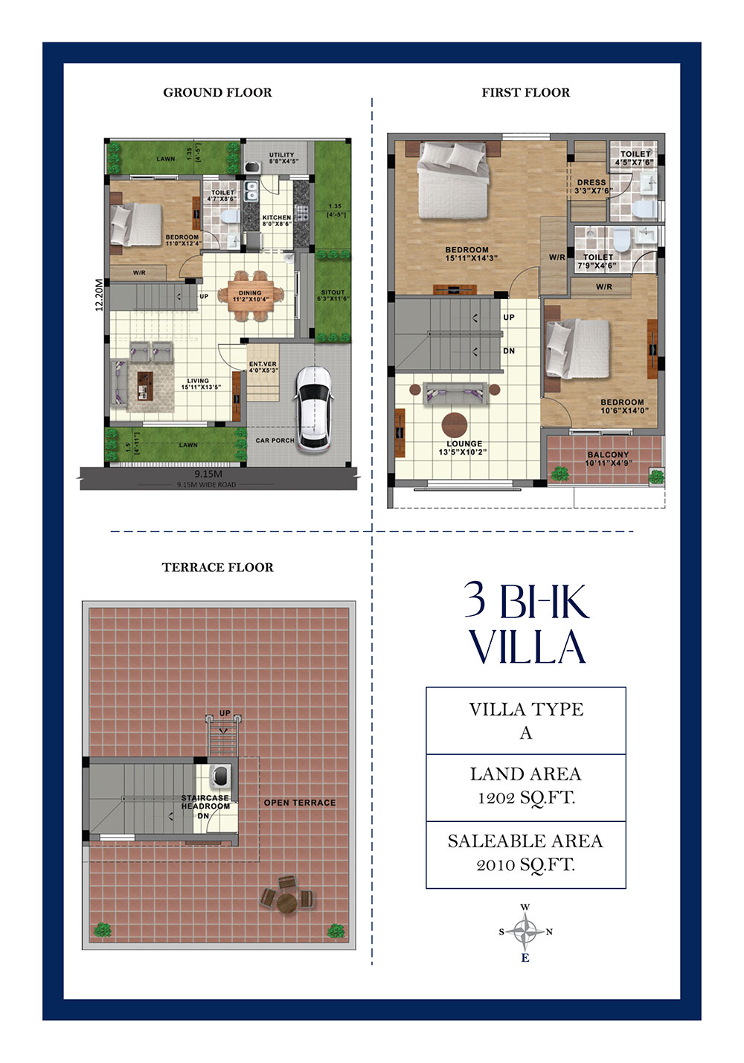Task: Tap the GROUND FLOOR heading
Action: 217,92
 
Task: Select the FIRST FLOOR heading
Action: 525,92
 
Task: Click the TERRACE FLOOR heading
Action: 217,567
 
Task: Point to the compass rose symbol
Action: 526,931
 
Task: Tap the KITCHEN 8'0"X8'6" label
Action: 277,221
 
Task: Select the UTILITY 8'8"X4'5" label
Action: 281,158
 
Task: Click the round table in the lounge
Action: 455,425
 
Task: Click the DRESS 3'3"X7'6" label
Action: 591,186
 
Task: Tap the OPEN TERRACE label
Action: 299,803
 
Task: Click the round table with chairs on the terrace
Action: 287,901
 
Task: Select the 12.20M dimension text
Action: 99,295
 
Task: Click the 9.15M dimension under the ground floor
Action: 208,474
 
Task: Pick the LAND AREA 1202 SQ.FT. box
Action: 525,786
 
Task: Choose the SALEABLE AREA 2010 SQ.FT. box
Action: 525,853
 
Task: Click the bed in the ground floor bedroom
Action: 136,224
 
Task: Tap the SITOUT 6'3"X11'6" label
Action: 333,295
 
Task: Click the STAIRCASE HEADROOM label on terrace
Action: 205,803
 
